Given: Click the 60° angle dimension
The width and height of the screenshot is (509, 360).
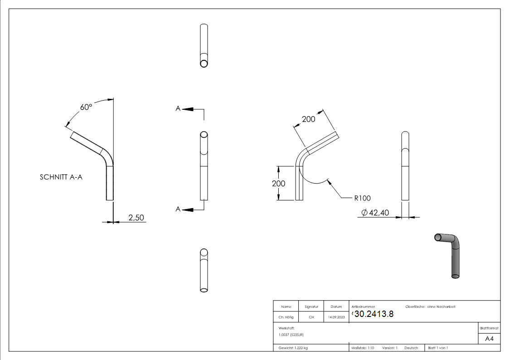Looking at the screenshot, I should pyautogui.click(x=86, y=107).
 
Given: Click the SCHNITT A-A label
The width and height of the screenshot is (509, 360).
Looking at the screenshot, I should pyautogui.click(x=61, y=178).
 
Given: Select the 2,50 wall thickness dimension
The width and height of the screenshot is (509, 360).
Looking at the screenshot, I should pyautogui.click(x=136, y=218).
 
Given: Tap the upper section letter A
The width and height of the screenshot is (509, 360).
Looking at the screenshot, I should pyautogui.click(x=178, y=108).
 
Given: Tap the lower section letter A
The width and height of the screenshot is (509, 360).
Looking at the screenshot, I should pyautogui.click(x=178, y=209).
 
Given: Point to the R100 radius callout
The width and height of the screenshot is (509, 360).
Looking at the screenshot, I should pyautogui.click(x=363, y=198).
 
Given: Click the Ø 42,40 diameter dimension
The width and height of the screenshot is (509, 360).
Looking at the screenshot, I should pyautogui.click(x=375, y=213).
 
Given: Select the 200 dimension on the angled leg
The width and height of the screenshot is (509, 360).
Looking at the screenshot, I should pyautogui.click(x=309, y=119).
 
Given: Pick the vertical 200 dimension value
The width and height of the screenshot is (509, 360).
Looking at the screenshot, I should pyautogui.click(x=279, y=183).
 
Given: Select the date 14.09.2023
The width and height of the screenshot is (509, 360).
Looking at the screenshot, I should pyautogui.click(x=336, y=317).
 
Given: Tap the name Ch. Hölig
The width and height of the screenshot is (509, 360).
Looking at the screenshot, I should pyautogui.click(x=286, y=317).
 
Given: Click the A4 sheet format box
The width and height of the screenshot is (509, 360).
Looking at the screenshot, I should pyautogui.click(x=489, y=338).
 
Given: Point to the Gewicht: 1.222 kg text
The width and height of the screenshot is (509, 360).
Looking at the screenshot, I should pyautogui.click(x=293, y=348).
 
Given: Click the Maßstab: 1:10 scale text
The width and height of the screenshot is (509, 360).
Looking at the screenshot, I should pyautogui.click(x=363, y=348).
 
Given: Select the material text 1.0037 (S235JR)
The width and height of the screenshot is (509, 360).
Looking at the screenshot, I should pyautogui.click(x=291, y=335).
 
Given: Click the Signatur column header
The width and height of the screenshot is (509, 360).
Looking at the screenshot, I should pyautogui.click(x=311, y=307).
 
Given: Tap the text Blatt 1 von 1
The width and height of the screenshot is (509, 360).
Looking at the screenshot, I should pyautogui.click(x=438, y=348).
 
